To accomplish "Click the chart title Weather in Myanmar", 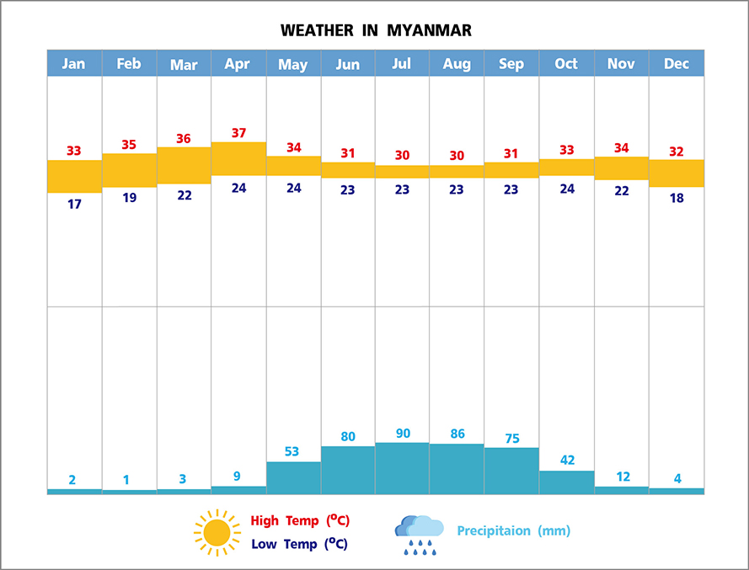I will (376, 31).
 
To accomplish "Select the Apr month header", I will (238, 64).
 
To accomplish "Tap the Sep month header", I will (511, 64).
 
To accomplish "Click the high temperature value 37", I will (238, 133).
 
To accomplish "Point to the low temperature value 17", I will (74, 204).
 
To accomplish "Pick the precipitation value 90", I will (402, 434).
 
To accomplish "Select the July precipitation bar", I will (402, 468).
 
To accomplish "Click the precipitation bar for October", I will (566, 482).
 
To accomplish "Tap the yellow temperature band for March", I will (184, 165).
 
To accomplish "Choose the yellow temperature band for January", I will (74, 176).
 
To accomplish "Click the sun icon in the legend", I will (217, 532).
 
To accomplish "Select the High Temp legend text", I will (300, 520).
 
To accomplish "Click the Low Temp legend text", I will (299, 544).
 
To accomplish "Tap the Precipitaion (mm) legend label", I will (513, 531).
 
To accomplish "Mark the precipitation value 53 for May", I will (292, 451).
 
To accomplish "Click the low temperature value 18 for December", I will (676, 198).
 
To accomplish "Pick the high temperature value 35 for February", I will (129, 145).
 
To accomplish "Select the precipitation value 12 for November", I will (622, 477).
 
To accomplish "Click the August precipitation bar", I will (457, 469).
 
